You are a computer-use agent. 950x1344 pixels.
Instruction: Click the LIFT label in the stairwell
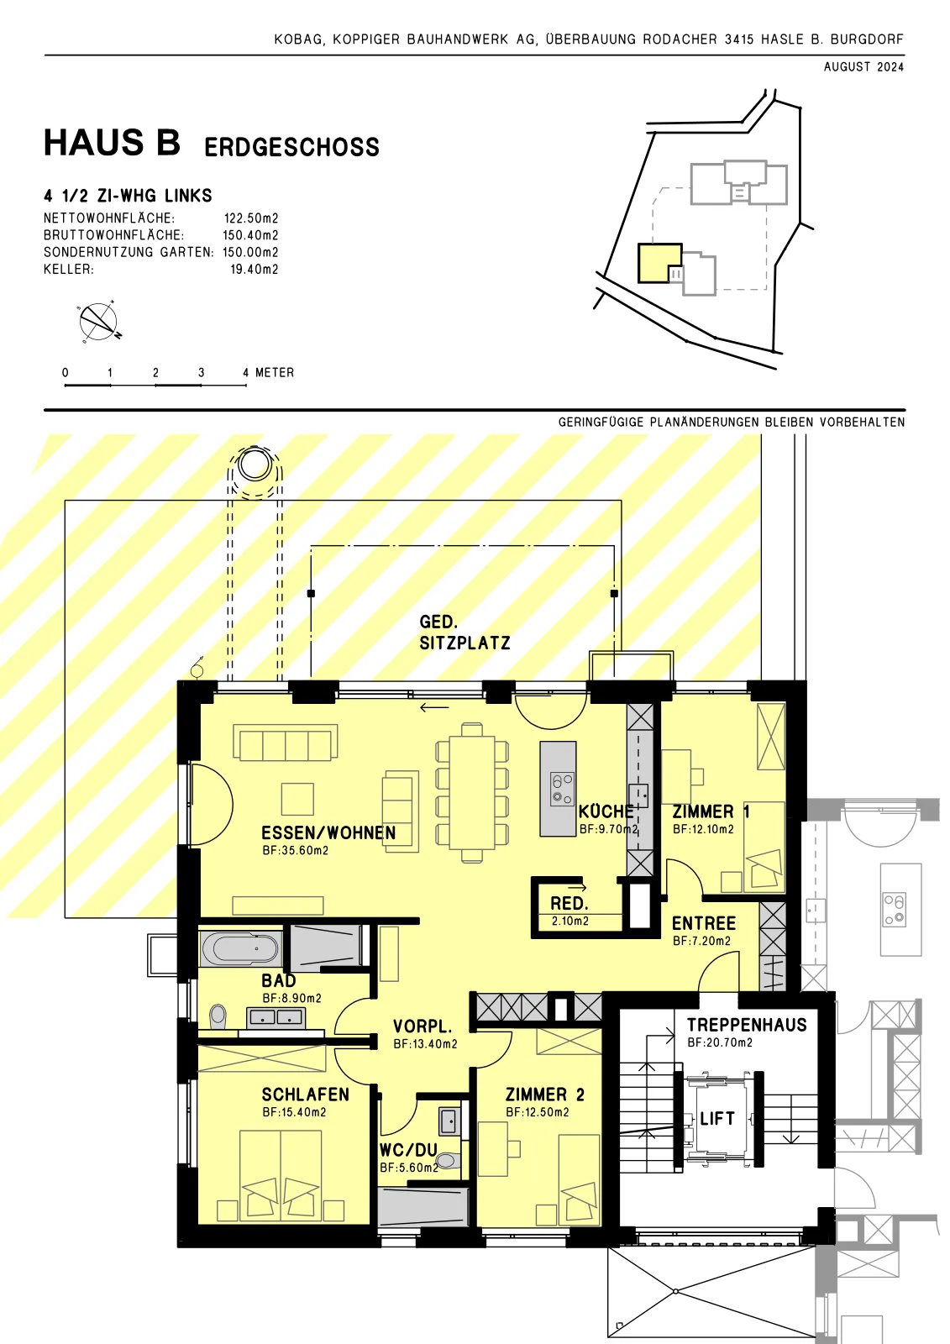[x=717, y=1118]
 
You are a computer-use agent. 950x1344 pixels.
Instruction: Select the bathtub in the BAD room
[x=240, y=949]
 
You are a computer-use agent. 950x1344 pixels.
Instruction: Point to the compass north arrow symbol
[x=98, y=322]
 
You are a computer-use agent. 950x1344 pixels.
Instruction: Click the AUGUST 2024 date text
[x=863, y=67]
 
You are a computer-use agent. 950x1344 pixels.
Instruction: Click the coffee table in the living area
[x=297, y=799]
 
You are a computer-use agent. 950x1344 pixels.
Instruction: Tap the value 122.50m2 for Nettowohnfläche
[x=251, y=218]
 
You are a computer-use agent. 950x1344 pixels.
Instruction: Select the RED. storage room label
[x=569, y=903]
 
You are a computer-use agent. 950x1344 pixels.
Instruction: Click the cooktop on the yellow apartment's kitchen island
[x=562, y=789]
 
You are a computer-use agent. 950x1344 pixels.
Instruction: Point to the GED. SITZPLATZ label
[x=465, y=633]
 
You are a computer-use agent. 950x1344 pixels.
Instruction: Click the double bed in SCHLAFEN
[x=281, y=1176]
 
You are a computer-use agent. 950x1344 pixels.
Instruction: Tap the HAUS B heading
[x=113, y=143]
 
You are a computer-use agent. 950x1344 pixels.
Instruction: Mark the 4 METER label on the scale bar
[x=268, y=373]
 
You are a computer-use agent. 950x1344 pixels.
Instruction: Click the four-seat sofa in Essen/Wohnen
[x=285, y=743]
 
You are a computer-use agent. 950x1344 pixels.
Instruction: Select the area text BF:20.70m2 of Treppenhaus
[x=720, y=1042]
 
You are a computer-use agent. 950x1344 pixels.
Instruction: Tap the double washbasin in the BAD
[x=276, y=1017]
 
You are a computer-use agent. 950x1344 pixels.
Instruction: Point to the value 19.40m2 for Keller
[x=255, y=270]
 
